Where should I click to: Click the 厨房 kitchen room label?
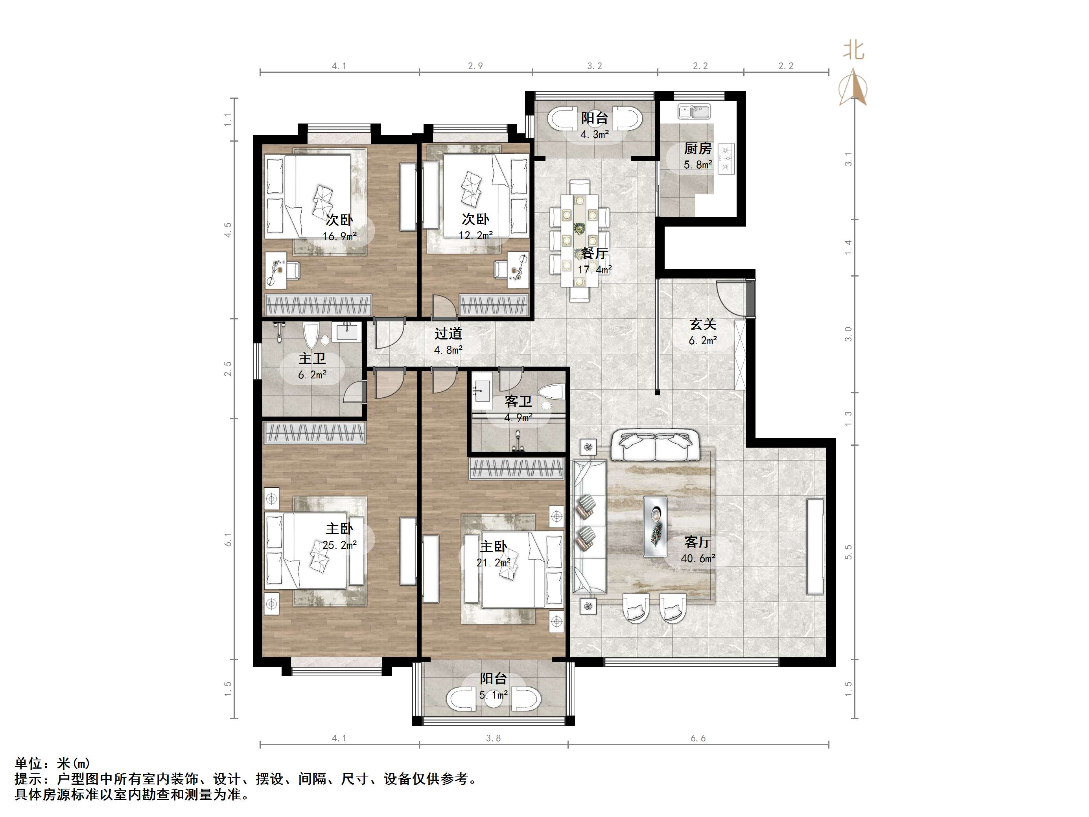pos(697,148)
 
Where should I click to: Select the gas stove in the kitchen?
pos(726,159)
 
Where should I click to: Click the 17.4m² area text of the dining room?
pos(594,269)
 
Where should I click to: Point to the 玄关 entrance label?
pos(702,324)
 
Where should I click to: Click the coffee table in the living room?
pos(655,526)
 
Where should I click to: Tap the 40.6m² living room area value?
pos(698,559)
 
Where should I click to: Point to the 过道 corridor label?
pos(448,334)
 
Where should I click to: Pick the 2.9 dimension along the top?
pos(475,66)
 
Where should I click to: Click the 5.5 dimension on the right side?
pos(848,552)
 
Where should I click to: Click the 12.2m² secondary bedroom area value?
pos(475,235)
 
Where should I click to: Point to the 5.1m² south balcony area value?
pos(493,695)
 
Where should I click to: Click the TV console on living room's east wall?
pos(815,546)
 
